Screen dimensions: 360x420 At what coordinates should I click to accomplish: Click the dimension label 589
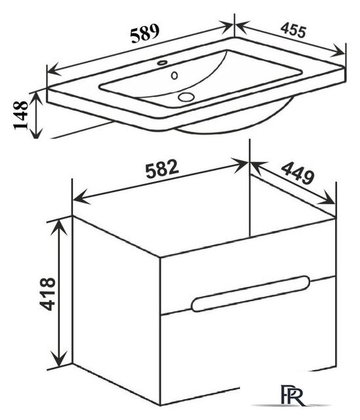pyautogui.click(x=145, y=33)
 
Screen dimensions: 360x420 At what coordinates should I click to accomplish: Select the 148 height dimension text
pyautogui.click(x=20, y=115)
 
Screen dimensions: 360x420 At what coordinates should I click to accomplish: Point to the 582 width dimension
pyautogui.click(x=162, y=169)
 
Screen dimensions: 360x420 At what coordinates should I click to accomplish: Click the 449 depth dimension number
pyautogui.click(x=297, y=173)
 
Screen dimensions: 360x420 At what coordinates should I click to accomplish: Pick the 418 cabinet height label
pyautogui.click(x=47, y=294)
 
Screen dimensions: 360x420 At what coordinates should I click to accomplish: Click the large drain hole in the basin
pyautogui.click(x=186, y=96)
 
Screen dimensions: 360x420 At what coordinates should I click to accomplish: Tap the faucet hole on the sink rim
pyautogui.click(x=162, y=63)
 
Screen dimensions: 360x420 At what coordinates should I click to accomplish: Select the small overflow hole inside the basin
pyautogui.click(x=174, y=75)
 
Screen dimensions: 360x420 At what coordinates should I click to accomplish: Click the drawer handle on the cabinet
pyautogui.click(x=250, y=293)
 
